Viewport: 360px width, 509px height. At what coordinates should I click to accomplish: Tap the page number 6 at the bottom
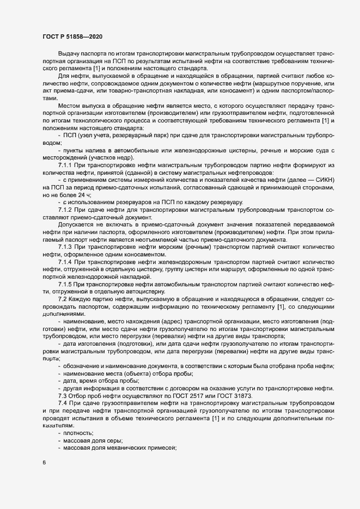click(44, 463)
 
